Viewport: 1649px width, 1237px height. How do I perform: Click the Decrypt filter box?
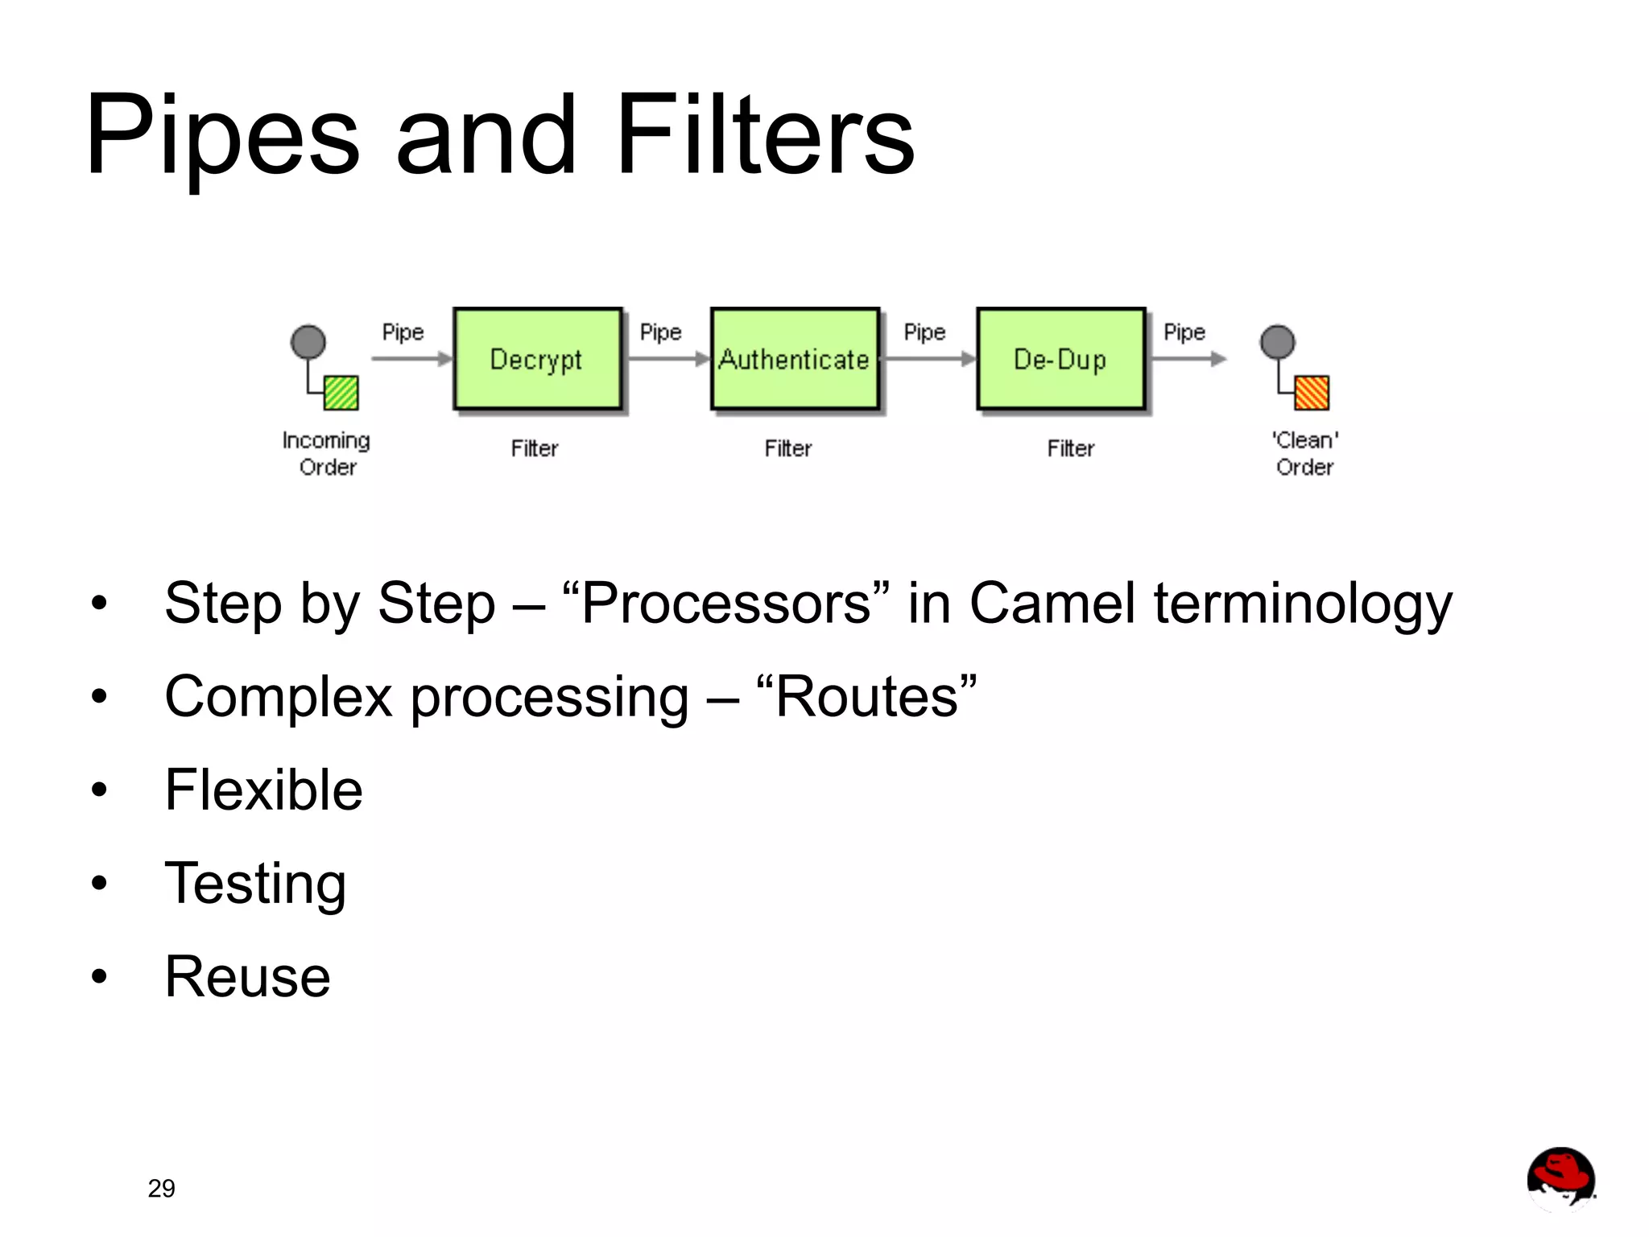pyautogui.click(x=537, y=359)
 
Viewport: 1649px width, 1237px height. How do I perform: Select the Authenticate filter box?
pyautogui.click(x=794, y=359)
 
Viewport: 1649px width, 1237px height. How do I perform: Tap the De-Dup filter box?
pyautogui.click(x=1060, y=359)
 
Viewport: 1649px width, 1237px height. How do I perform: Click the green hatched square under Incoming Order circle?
pyautogui.click(x=341, y=393)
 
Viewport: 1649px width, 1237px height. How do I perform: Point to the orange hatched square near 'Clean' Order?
pyautogui.click(x=1311, y=393)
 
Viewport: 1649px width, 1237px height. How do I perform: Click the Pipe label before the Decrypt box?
pyautogui.click(x=403, y=332)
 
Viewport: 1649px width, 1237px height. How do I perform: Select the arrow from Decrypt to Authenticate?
pyautogui.click(x=667, y=359)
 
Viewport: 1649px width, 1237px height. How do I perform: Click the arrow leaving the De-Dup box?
pyautogui.click(x=1188, y=359)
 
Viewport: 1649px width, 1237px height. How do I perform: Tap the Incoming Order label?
pyautogui.click(x=326, y=453)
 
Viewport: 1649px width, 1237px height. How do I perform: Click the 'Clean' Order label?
pyautogui.click(x=1304, y=453)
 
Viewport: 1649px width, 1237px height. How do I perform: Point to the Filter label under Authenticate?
pyautogui.click(x=787, y=448)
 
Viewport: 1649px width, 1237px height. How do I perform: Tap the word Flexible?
pyautogui.click(x=263, y=790)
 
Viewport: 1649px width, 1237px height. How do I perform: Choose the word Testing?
pyautogui.click(x=255, y=884)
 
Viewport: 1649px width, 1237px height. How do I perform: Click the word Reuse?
pyautogui.click(x=247, y=977)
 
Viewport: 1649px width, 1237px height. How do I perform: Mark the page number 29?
pyautogui.click(x=161, y=1188)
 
